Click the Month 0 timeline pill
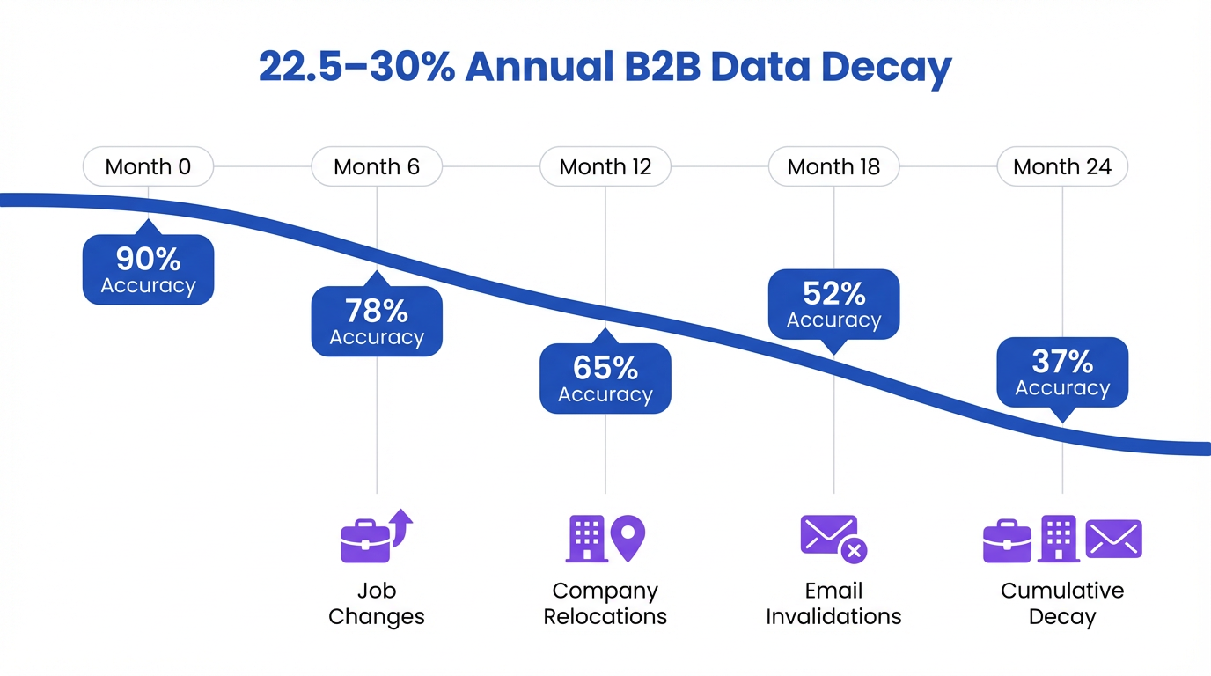[x=148, y=166]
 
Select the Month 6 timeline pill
[x=377, y=166]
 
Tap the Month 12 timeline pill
[x=605, y=166]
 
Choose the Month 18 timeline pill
[x=833, y=166]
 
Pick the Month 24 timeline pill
[x=1062, y=166]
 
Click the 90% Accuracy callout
[x=148, y=270]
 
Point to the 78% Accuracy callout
[x=377, y=321]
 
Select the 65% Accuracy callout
[x=605, y=378]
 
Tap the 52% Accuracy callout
[x=833, y=305]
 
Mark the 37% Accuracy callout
[x=1062, y=372]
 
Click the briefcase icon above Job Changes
[x=366, y=540]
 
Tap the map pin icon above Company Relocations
[x=628, y=537]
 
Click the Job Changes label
[x=377, y=603]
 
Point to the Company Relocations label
[x=605, y=603]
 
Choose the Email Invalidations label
[x=833, y=603]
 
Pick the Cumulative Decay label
[x=1062, y=603]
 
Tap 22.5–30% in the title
[x=356, y=68]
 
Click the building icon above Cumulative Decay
[x=1058, y=539]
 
